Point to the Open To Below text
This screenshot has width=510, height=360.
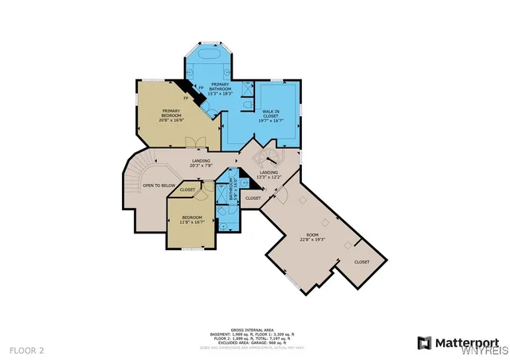159,186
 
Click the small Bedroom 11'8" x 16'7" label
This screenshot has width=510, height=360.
192,220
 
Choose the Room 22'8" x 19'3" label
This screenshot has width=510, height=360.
312,237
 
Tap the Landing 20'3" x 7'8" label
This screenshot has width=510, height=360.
201,164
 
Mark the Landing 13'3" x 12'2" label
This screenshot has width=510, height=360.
269,174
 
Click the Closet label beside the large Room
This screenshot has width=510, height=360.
362,261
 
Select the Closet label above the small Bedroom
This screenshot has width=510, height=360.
187,190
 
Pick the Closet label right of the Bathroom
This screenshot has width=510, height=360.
253,198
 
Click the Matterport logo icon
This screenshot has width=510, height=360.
422,342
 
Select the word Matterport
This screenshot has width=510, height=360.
465,342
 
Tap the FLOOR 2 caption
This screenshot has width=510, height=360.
27,350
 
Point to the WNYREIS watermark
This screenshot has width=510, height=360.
486,350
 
